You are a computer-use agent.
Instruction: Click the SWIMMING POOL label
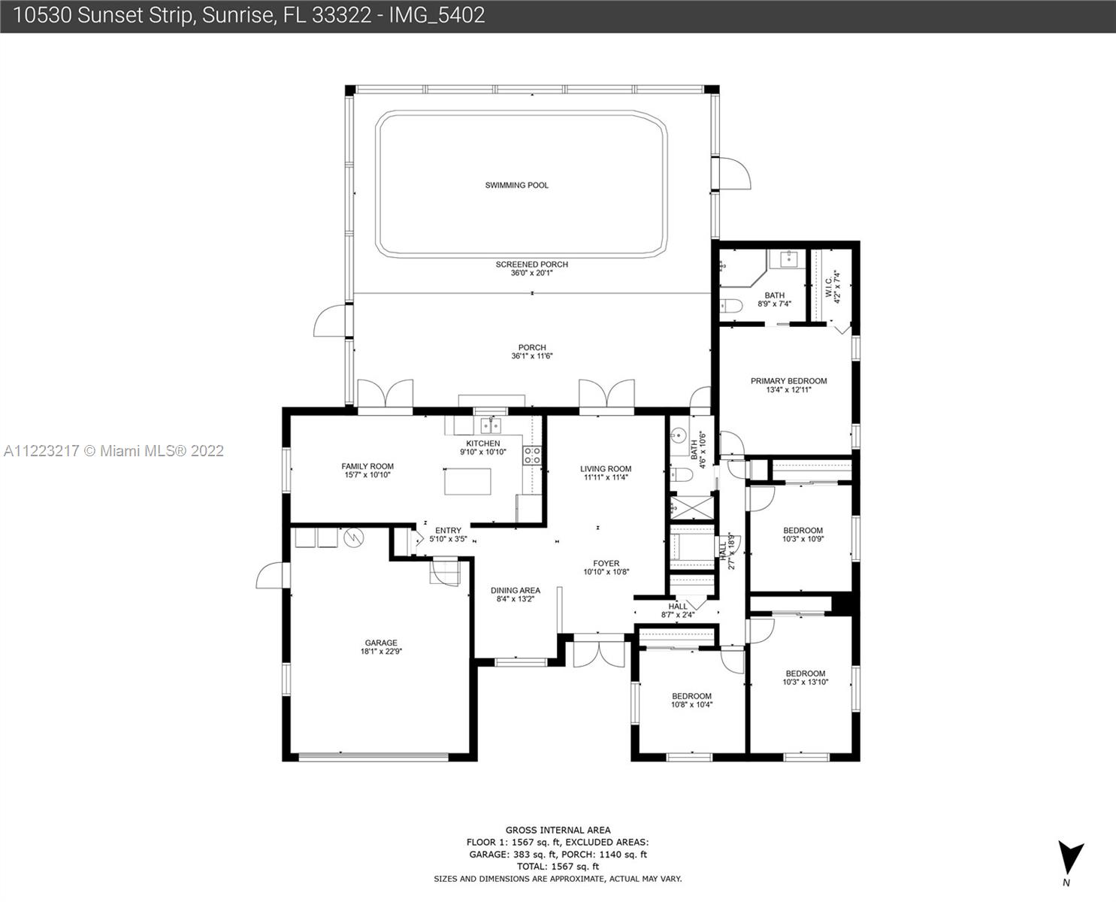[516, 185]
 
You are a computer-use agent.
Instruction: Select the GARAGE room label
[381, 643]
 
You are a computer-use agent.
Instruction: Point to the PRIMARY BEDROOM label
[788, 381]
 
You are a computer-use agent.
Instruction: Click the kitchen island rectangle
[468, 482]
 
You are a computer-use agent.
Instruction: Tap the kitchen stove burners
[532, 455]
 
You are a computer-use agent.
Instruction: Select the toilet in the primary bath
[730, 306]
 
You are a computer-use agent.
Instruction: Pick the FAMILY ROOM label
[367, 466]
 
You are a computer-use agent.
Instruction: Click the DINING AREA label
[515, 590]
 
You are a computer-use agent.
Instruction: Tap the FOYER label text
[606, 564]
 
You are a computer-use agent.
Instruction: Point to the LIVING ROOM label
[606, 468]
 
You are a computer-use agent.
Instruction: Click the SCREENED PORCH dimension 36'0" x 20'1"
[532, 273]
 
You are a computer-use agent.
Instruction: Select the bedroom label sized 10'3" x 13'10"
[806, 678]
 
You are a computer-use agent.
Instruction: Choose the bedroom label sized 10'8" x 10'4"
[691, 701]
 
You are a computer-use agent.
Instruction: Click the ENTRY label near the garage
[448, 531]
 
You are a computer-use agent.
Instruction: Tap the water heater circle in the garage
[354, 537]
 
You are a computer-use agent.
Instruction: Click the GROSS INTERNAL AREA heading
[558, 830]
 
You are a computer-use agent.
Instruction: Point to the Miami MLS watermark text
[113, 451]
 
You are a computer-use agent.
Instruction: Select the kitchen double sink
[491, 425]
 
